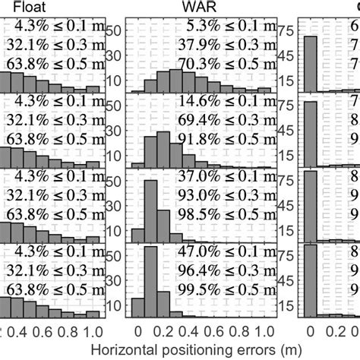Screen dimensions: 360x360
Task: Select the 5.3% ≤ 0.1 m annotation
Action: (x=229, y=31)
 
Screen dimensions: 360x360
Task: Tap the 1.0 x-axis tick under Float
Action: (x=92, y=331)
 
